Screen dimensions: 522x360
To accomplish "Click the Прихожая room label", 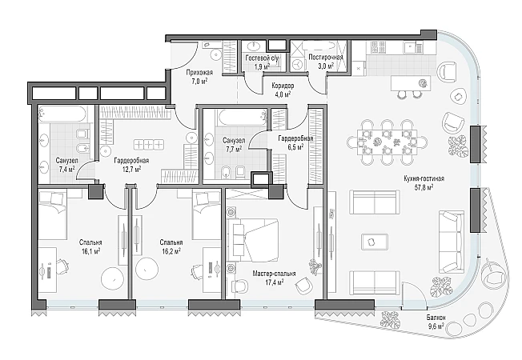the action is [x=199, y=73].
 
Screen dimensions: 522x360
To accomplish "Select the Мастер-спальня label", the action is [x=274, y=274].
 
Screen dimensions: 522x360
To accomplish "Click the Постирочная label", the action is [x=326, y=57].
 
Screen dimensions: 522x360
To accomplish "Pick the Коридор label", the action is [x=283, y=86].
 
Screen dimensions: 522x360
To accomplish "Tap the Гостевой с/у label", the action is [x=262, y=58].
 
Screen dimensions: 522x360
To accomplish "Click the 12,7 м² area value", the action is [x=131, y=169].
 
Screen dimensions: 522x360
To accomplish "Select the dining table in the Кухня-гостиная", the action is [x=387, y=142].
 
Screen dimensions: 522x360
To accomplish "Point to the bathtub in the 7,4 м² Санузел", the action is [x=62, y=114].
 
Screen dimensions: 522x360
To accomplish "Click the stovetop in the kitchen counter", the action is [x=378, y=47].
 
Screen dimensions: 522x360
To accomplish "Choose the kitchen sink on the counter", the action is [x=412, y=47].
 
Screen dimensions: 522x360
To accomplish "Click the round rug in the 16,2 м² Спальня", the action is [x=147, y=269].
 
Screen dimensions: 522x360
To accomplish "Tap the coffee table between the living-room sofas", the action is [x=375, y=242].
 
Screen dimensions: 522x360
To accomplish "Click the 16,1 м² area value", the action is [x=90, y=251].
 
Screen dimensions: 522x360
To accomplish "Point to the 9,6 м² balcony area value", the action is [x=436, y=326].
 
